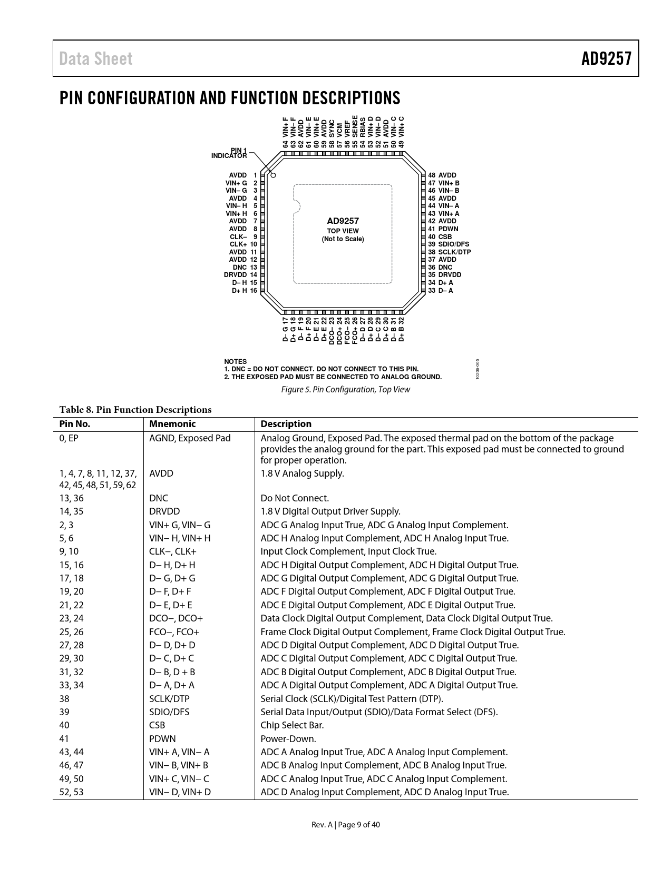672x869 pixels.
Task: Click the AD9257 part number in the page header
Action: coord(606,59)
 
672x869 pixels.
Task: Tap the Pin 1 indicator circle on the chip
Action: coord(273,175)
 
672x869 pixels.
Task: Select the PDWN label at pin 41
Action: coord(448,229)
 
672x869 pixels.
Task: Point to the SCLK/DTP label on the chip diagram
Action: coord(454,252)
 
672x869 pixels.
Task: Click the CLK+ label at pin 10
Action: coord(238,244)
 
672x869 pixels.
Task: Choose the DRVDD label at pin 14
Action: coord(235,275)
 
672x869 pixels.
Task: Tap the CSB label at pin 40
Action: coord(445,237)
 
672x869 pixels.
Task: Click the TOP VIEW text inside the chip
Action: coord(343,231)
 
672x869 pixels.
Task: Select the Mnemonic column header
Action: coord(172,424)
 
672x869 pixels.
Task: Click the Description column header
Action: coord(286,424)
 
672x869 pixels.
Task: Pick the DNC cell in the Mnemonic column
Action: coord(158,498)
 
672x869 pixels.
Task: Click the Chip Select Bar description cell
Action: coord(292,725)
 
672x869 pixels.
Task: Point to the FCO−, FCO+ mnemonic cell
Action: coord(174,632)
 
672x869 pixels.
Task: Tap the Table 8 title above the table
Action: coord(135,410)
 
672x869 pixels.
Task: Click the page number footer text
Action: coord(345,825)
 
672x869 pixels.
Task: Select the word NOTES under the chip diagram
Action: coord(235,362)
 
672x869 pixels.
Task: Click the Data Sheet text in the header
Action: coord(96,59)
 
